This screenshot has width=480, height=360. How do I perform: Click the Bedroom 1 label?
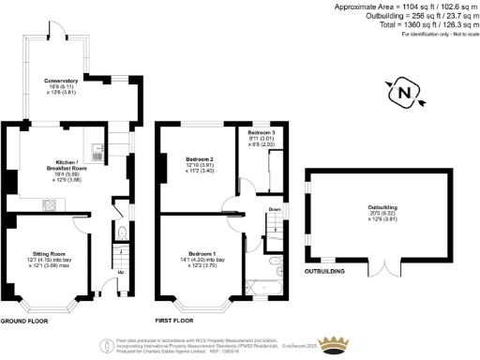(202, 254)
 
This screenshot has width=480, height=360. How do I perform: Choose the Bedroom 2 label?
(199, 159)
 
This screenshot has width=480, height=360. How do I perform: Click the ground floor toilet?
(124, 234)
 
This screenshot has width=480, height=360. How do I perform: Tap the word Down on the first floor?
(274, 209)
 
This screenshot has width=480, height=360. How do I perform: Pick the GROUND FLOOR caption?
(23, 321)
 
